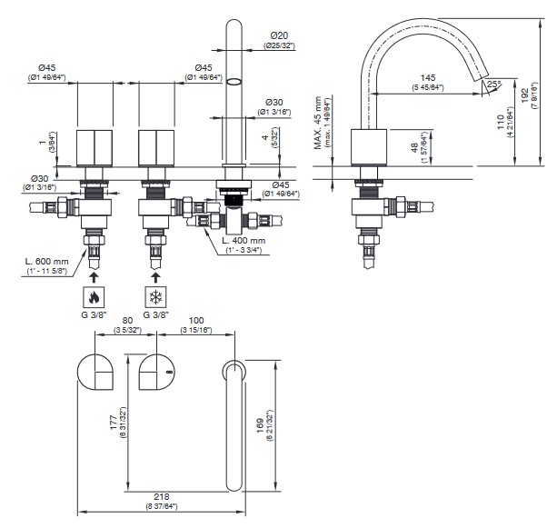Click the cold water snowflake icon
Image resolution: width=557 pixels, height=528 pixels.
[154, 296]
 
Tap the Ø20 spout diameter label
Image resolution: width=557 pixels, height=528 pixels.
[277, 35]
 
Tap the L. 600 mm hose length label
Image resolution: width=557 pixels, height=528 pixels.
[46, 261]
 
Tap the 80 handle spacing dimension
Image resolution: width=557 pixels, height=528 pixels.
[127, 321]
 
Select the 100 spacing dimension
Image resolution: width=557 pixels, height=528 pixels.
[194, 321]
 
